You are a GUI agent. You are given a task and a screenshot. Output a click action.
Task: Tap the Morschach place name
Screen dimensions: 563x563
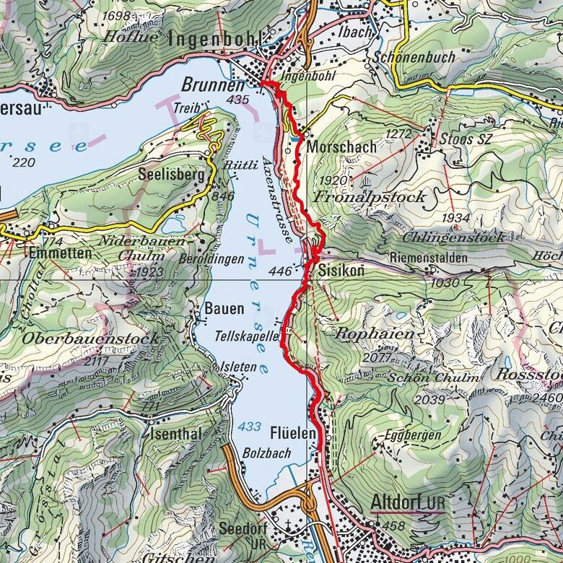341,147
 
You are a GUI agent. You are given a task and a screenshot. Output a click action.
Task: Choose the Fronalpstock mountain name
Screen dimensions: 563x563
370,196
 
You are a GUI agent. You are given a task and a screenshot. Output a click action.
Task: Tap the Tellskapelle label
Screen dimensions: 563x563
246,336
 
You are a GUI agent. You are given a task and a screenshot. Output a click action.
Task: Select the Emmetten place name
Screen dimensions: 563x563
61,253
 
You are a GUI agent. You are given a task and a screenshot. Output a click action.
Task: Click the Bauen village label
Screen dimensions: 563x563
224,309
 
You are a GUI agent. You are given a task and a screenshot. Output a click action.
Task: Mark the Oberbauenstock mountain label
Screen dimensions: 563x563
90,338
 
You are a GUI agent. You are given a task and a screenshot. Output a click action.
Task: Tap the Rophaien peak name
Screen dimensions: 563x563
375,334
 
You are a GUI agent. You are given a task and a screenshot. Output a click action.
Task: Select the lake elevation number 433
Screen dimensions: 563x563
249,427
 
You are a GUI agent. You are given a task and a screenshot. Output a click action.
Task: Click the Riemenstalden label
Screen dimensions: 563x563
428,257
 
